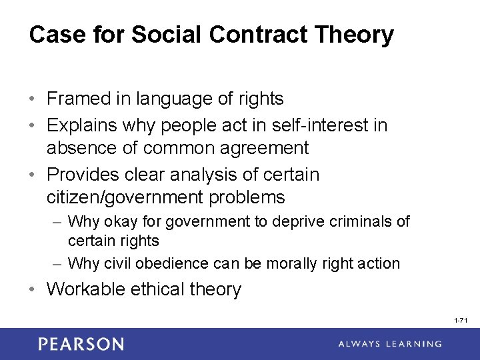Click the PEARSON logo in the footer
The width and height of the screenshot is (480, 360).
[x=81, y=344]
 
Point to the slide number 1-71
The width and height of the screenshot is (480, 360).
[x=461, y=321]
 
